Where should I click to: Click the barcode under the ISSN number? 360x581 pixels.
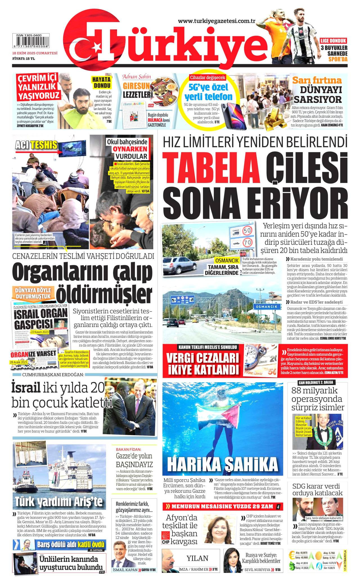click(31, 42)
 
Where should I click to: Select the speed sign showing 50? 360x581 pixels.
click(247, 231)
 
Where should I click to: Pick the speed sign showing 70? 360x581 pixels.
click(247, 242)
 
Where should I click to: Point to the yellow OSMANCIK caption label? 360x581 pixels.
click(227, 260)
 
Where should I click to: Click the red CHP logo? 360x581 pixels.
click(166, 541)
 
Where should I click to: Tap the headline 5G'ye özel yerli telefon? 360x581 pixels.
click(208, 92)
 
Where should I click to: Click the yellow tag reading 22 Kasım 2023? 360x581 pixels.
click(40, 332)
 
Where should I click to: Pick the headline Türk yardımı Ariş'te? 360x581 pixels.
click(59, 502)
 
